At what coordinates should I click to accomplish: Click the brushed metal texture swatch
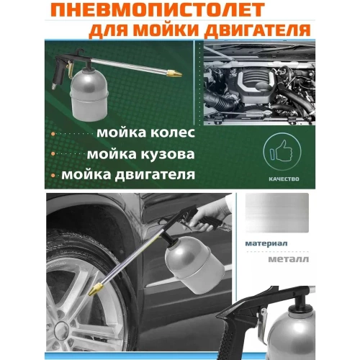pos(277,212)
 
